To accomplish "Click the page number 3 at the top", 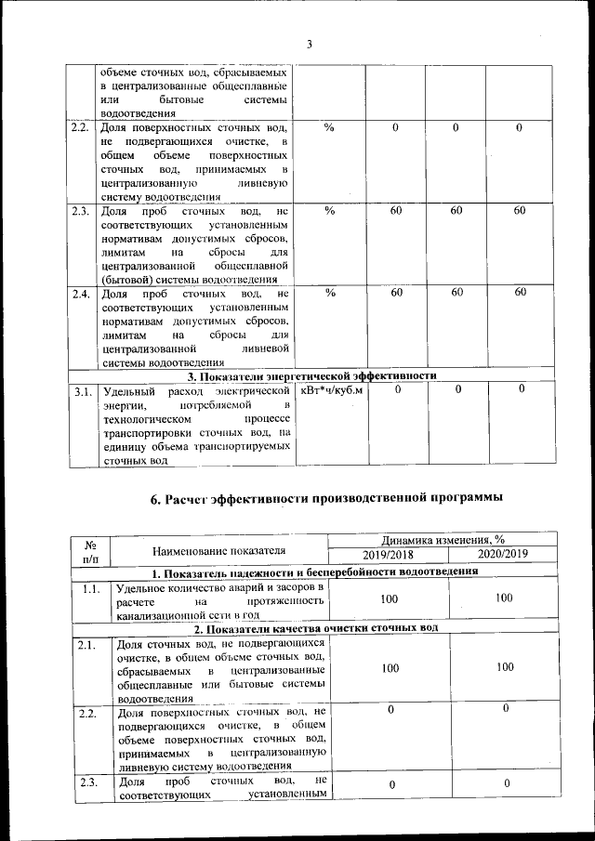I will (x=310, y=45).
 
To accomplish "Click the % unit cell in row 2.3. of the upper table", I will (x=329, y=211).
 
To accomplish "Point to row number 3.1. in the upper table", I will (x=83, y=392).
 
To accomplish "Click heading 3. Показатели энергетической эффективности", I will (x=312, y=375).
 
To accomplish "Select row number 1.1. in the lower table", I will (x=91, y=589).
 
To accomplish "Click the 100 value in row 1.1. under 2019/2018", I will (x=390, y=599).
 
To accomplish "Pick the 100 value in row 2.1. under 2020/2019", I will (x=504, y=667).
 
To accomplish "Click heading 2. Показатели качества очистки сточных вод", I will (x=315, y=630).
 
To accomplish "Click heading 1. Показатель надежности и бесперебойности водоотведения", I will (x=315, y=572).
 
